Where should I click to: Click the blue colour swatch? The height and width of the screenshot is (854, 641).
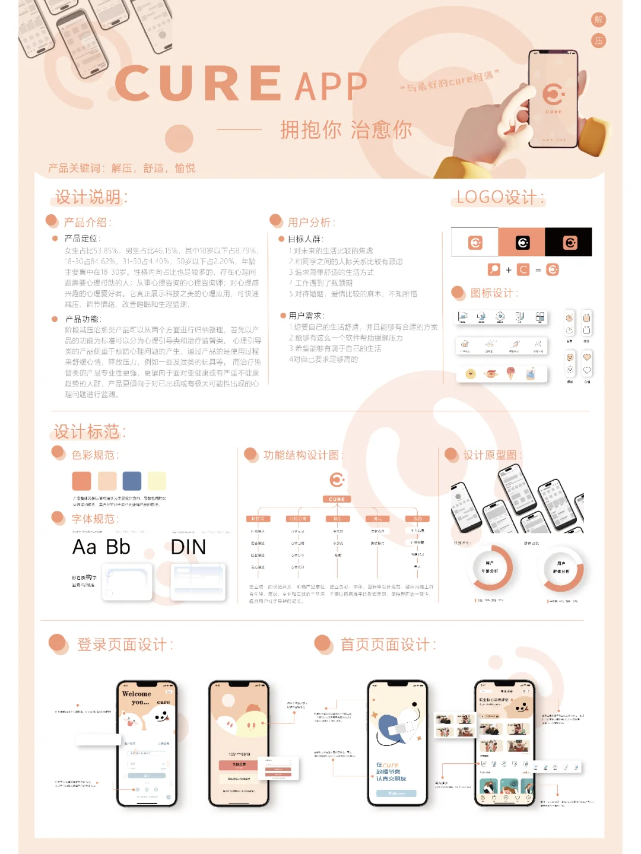(x=132, y=481)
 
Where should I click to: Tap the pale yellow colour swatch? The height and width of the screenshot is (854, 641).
(x=157, y=481)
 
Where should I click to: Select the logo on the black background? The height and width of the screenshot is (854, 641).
(x=569, y=242)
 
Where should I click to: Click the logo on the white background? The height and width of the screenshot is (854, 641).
(x=475, y=242)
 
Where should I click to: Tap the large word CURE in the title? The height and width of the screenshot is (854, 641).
(x=199, y=84)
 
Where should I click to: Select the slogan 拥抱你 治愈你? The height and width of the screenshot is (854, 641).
(x=346, y=129)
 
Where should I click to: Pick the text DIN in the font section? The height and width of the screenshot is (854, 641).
(x=188, y=547)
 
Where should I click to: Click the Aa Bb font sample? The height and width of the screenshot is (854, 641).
(x=101, y=547)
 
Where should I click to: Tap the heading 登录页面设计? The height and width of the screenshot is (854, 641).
(x=125, y=645)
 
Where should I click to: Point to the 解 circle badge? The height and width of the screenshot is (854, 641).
(x=598, y=20)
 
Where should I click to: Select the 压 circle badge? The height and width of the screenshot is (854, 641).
(x=598, y=40)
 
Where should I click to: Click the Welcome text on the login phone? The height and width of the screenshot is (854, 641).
(x=137, y=694)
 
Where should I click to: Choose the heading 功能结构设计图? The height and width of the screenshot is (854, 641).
(x=302, y=455)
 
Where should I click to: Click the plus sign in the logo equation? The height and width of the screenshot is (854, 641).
(x=509, y=270)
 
